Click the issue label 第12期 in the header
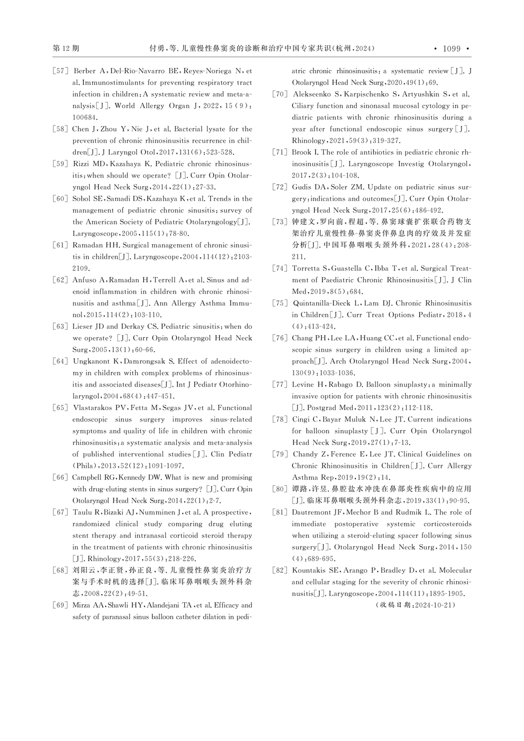click(x=66, y=48)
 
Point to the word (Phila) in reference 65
click(x=84, y=466)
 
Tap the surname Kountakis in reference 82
click(x=310, y=570)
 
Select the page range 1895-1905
click(x=444, y=594)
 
